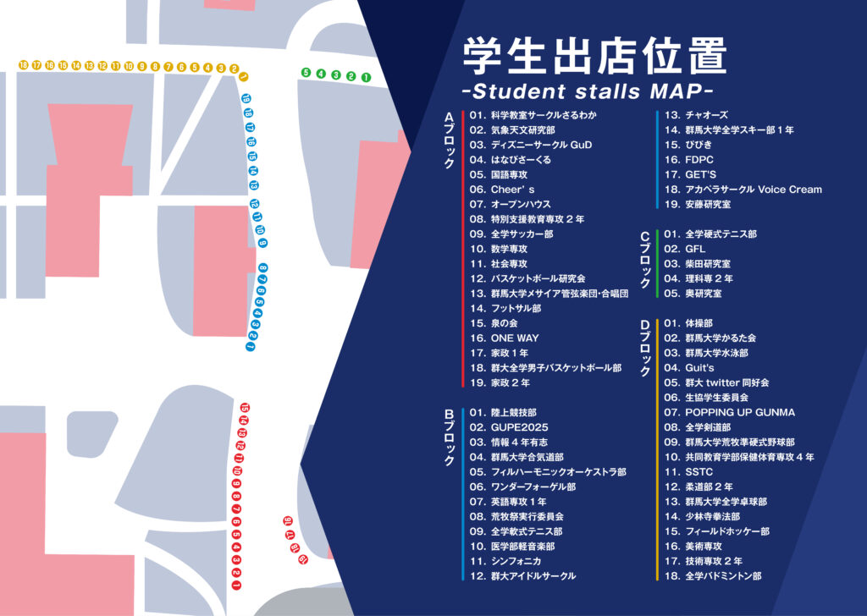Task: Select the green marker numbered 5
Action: (x=306, y=74)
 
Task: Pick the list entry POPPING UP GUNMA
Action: (x=729, y=412)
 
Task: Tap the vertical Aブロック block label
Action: (x=450, y=140)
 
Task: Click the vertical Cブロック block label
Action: (x=644, y=257)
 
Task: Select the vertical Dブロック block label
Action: (x=644, y=347)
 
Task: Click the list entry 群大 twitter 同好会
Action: (x=715, y=382)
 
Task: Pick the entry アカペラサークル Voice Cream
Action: (x=742, y=190)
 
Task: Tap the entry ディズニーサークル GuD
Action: (x=530, y=145)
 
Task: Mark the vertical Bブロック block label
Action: (x=450, y=437)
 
